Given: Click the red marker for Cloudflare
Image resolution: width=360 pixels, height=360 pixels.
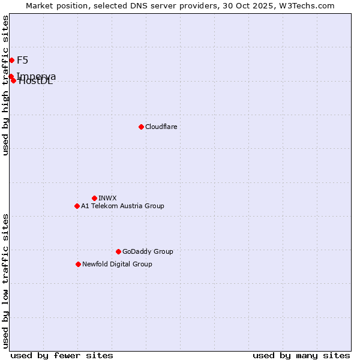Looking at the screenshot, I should [x=141, y=127].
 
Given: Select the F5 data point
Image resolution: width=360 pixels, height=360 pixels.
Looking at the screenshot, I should [x=11, y=60].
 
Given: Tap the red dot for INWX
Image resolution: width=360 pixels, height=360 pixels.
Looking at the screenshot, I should [x=94, y=198].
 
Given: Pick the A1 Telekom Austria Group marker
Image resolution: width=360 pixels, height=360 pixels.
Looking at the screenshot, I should [x=77, y=206].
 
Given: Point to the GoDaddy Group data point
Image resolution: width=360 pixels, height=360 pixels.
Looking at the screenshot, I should [x=118, y=251].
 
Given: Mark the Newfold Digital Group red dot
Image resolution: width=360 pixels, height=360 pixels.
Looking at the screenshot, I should [x=78, y=264].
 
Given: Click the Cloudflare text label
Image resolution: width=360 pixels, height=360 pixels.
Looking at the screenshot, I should [x=161, y=127].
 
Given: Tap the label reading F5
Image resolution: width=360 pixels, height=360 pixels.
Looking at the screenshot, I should [x=22, y=60].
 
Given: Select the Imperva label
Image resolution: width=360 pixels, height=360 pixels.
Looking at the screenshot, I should [x=37, y=76].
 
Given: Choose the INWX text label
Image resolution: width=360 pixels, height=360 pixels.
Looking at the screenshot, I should [x=107, y=198].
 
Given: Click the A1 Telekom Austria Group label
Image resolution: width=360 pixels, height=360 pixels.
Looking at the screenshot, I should [x=122, y=206].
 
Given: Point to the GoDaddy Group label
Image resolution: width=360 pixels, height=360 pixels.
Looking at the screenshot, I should [x=148, y=251].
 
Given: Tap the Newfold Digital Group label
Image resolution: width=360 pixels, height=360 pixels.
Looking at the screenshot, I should [x=117, y=264].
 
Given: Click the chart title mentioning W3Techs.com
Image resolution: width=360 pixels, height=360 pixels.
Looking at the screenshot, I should [x=180, y=5].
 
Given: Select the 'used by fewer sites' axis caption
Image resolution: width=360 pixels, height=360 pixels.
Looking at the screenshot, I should [x=62, y=355].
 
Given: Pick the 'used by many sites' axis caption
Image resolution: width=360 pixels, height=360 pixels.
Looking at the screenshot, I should [x=301, y=355].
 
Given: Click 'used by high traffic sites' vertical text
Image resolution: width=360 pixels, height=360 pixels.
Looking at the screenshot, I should [x=5, y=85].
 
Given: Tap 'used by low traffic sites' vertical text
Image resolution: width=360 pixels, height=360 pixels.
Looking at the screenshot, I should [x=5, y=281].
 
